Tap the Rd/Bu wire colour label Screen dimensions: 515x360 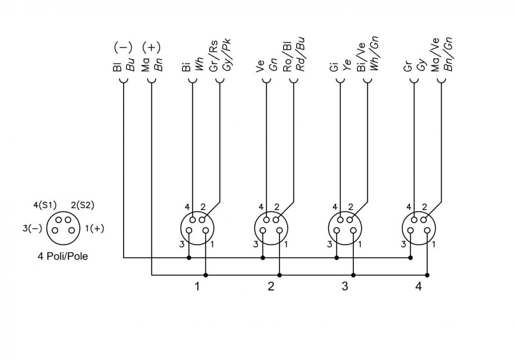(300, 55)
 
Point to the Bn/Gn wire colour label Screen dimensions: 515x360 (448, 54)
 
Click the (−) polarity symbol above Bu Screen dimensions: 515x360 (123, 47)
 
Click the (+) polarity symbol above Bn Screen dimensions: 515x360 (151, 47)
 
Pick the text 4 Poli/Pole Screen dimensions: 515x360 (63, 256)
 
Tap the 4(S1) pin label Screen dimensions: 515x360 (45, 205)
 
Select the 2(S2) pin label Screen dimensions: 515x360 (82, 205)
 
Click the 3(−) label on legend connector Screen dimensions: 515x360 (32, 228)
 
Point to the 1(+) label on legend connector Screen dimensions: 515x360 (95, 228)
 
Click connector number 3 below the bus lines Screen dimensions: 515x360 (345, 286)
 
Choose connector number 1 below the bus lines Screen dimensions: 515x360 (197, 286)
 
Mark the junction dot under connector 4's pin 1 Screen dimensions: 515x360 (427, 275)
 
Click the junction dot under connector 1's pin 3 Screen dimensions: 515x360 (189, 258)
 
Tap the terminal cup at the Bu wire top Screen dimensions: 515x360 (124, 81)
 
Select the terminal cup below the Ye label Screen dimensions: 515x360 (340, 81)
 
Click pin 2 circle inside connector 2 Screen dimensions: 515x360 (276, 220)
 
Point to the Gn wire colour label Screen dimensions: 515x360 (273, 65)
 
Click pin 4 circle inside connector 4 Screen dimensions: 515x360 (414, 220)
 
